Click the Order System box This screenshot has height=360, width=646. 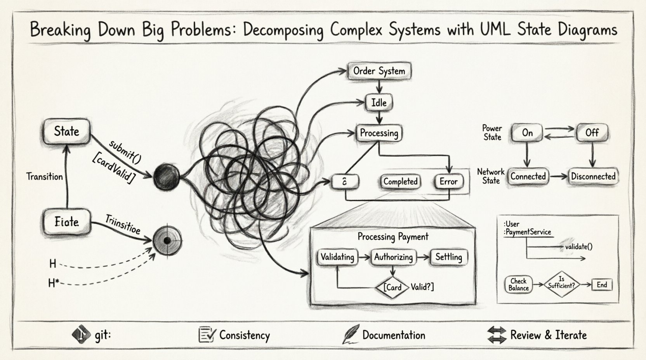[379, 71]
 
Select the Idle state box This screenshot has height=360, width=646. [379, 103]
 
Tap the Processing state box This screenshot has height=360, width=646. [379, 133]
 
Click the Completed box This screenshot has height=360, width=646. [400, 182]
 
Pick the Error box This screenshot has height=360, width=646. [448, 182]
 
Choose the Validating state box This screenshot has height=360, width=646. [337, 257]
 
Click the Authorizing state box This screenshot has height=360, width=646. [393, 257]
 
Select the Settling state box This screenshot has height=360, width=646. [448, 257]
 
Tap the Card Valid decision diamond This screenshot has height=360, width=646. [393, 287]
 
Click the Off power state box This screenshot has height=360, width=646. [592, 133]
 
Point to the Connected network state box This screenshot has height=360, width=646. [528, 177]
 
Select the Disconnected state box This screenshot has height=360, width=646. [593, 177]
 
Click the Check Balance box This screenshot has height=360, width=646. [518, 285]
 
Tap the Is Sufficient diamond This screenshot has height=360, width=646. [561, 284]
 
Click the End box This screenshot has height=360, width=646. [602, 285]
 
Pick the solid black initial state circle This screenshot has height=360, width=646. [167, 177]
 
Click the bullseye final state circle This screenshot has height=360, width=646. [167, 241]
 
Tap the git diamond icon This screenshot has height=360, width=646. [81, 334]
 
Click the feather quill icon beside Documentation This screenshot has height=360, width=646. [351, 334]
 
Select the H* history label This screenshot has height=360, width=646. [54, 284]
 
